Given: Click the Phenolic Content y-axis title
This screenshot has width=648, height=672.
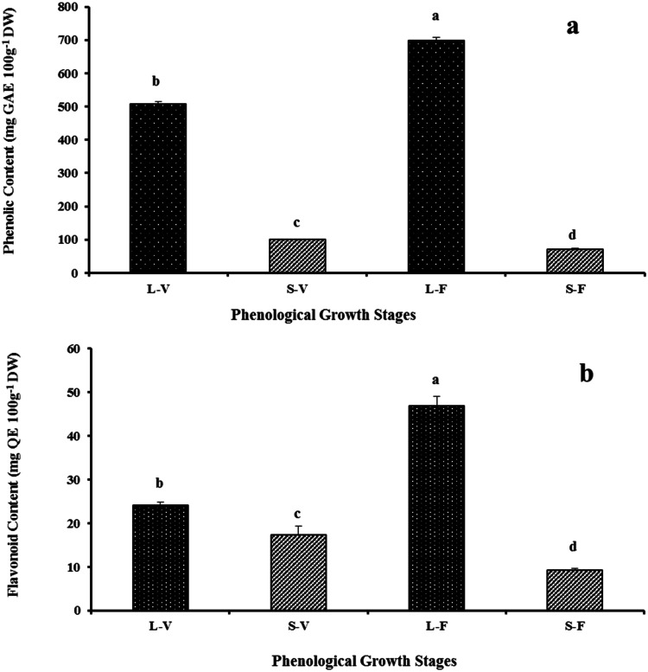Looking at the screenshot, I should pyautogui.click(x=11, y=143).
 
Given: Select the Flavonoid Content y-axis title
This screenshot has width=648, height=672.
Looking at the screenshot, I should pyautogui.click(x=11, y=480).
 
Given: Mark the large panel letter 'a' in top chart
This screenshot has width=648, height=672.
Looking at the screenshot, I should pyautogui.click(x=572, y=26).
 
